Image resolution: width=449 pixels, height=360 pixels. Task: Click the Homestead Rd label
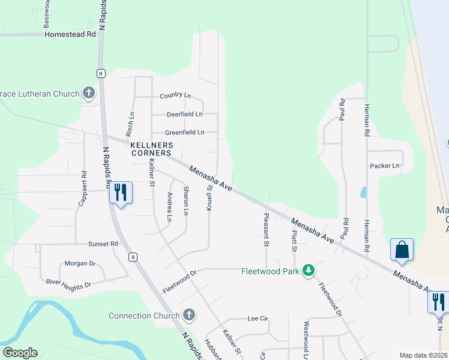click(70, 34)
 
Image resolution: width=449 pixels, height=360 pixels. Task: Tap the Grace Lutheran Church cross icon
click(89, 93)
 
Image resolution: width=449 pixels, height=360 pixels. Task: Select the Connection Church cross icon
click(188, 315)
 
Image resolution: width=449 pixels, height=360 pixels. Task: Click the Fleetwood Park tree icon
click(309, 271)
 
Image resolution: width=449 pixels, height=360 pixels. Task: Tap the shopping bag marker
click(401, 249)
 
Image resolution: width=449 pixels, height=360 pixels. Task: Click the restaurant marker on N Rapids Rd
click(121, 192)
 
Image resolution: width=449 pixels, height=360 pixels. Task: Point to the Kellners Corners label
click(152, 149)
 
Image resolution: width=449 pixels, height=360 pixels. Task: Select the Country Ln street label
click(175, 96)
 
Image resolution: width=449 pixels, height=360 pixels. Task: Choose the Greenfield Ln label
click(184, 132)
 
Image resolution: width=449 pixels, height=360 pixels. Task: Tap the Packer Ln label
click(385, 166)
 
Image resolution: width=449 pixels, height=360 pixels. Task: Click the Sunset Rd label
click(103, 244)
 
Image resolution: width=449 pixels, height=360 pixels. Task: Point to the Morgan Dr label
click(80, 263)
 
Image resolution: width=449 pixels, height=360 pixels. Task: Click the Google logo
click(20, 353)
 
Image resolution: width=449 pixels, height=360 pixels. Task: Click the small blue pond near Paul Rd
click(363, 193)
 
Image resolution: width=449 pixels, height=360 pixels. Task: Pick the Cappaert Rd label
click(83, 189)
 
